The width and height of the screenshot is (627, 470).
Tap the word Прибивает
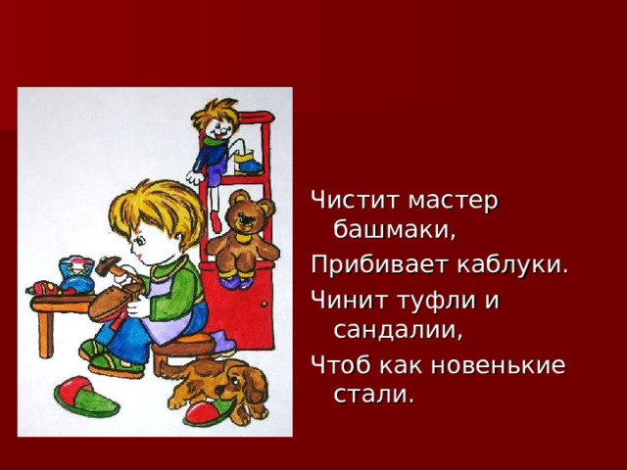pos(374,265)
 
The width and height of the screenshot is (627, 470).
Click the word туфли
pos(430,299)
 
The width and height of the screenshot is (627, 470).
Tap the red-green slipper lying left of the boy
pos(85,397)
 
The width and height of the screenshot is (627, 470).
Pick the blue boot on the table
pos(74,274)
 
